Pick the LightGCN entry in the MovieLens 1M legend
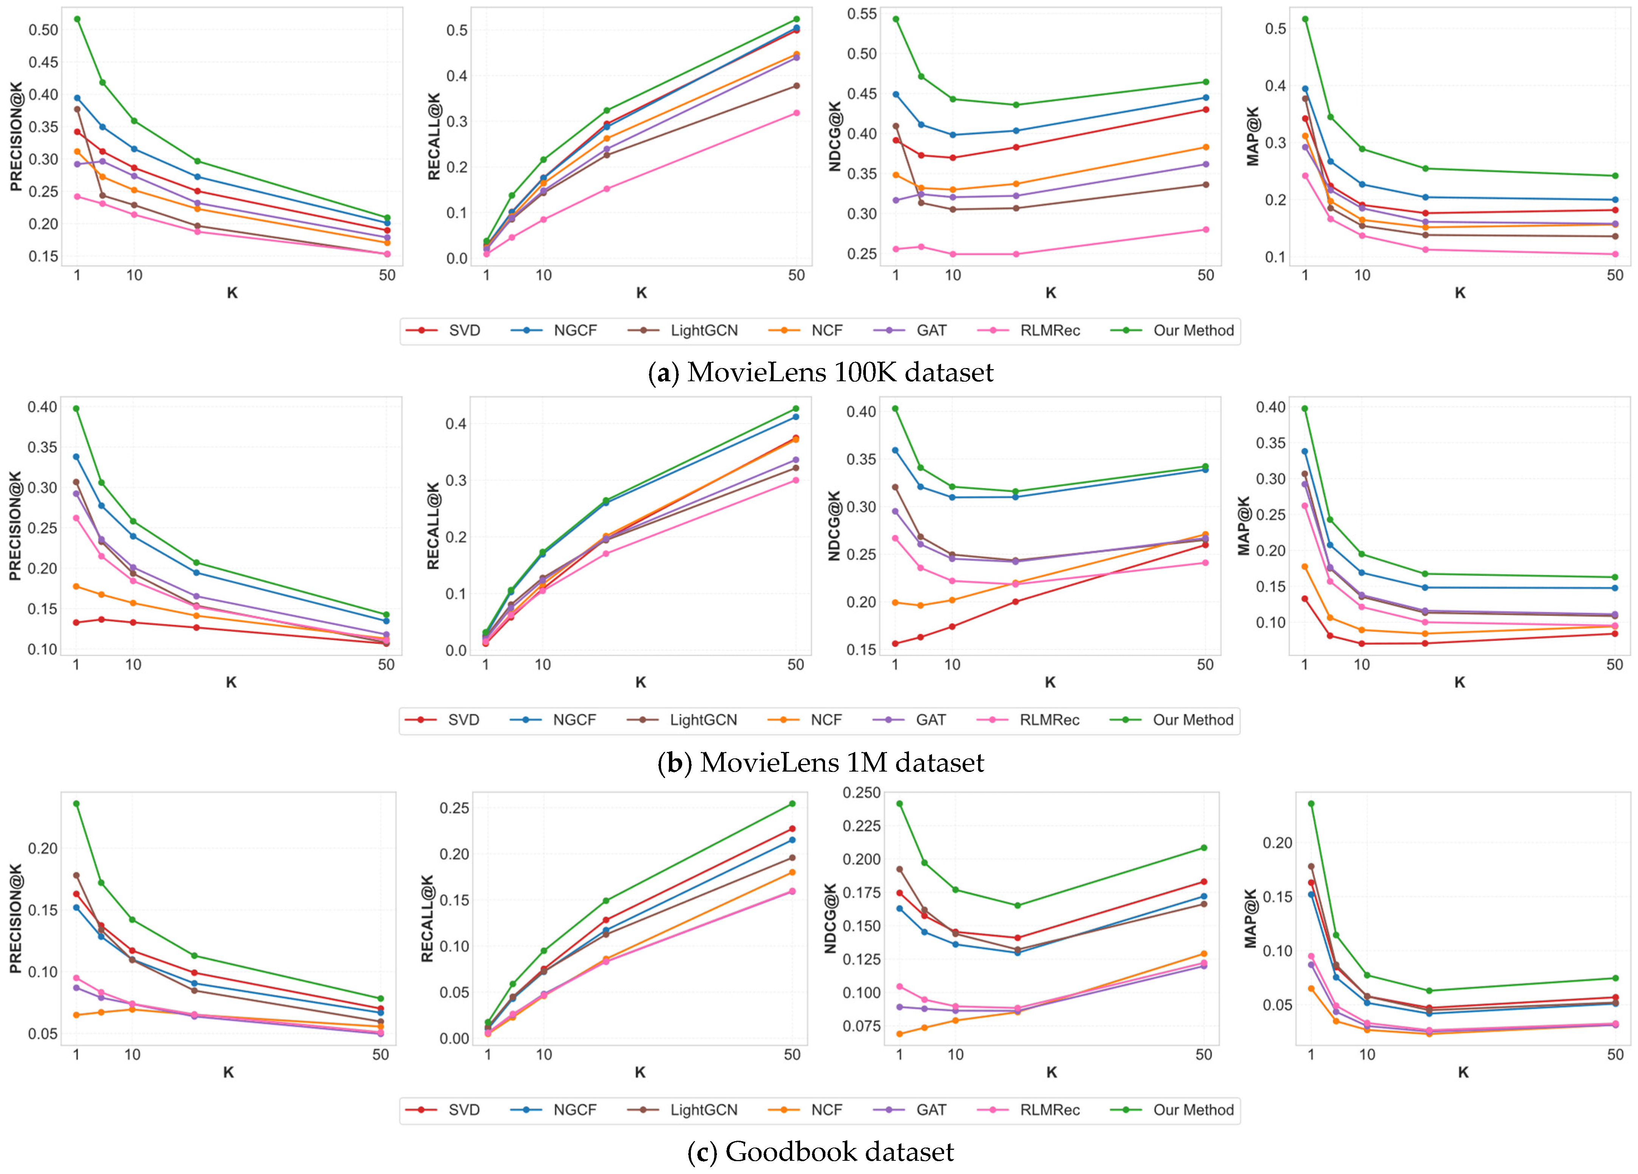[x=682, y=720]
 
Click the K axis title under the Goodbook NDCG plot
[x=1051, y=1072]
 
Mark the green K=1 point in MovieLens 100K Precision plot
[x=77, y=19]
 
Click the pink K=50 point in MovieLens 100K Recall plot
[x=797, y=113]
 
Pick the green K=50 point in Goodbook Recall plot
[x=792, y=804]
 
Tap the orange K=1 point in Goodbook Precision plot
[x=77, y=1015]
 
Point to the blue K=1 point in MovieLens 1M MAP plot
[x=1304, y=451]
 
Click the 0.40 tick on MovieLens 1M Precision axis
[x=43, y=407]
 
